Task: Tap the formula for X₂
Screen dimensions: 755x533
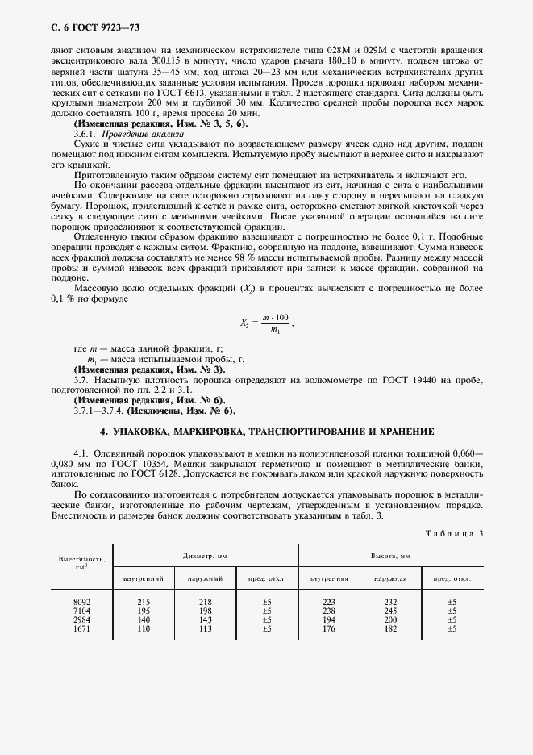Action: tap(269, 323)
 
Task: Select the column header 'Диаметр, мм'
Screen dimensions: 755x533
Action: tap(205, 556)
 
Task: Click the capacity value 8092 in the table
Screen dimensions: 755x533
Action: tap(82, 602)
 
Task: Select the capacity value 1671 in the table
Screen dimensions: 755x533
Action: tap(82, 628)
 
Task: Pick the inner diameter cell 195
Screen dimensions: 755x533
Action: tap(144, 611)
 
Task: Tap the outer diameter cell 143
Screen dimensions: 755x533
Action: tap(205, 619)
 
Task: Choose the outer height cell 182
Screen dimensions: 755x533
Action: tap(390, 628)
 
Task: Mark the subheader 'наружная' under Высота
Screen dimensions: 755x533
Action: tap(390, 578)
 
